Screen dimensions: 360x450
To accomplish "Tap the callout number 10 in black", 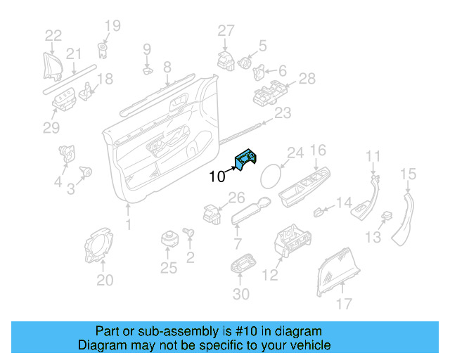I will tap(217, 176).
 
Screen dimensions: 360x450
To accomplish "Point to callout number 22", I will tap(53, 36).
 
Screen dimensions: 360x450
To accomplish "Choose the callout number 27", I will tap(225, 30).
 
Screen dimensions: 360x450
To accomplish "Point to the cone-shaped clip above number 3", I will tap(87, 170).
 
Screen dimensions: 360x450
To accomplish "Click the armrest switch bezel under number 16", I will tap(304, 186).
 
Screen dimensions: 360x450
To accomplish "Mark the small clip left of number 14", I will tap(319, 210).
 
